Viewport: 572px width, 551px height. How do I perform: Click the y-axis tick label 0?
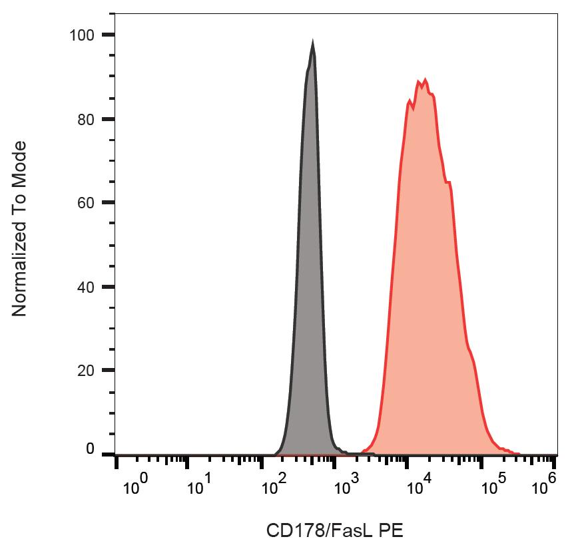[x=91, y=450]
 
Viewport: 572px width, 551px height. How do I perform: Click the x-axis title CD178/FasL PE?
[x=334, y=530]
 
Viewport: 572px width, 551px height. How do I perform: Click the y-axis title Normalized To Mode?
[x=20, y=229]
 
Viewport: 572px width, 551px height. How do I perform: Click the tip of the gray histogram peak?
[x=312, y=43]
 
